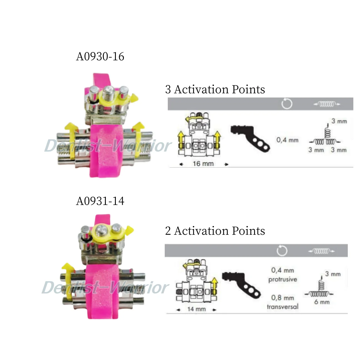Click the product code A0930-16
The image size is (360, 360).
100,56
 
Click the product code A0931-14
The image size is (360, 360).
100,201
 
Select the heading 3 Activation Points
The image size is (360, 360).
215,89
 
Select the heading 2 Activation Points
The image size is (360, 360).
215,231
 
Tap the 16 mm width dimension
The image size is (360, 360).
203,164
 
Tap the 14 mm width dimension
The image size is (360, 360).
196,309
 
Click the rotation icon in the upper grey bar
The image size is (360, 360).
287,104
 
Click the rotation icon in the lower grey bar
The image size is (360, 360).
282,251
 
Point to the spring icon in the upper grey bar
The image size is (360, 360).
327,104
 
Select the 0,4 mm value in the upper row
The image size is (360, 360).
287,140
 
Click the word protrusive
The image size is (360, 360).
282,279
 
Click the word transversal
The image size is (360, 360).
282,307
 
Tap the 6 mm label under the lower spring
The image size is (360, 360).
322,302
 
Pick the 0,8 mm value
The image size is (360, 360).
282,298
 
